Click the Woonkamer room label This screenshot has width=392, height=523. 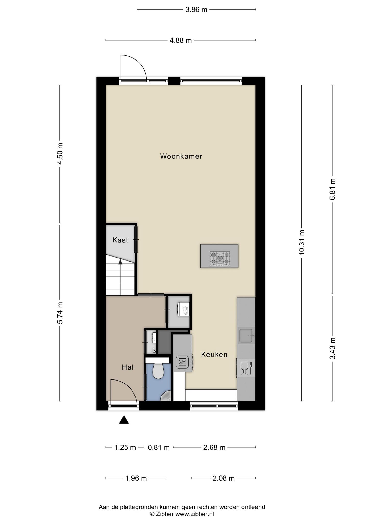181,156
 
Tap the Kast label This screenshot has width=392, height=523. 120,240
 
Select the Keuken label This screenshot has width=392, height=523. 214,354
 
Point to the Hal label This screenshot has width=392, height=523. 128,367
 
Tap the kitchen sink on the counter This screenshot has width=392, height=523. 246,336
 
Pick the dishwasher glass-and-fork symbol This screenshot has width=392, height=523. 246,368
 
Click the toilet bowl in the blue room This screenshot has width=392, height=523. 158,371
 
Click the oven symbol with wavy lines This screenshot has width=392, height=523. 182,362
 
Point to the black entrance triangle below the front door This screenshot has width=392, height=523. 124,420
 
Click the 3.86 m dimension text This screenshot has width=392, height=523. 196,10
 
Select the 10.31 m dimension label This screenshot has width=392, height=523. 302,242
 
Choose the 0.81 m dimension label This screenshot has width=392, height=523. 159,448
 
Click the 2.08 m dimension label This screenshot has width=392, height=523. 224,478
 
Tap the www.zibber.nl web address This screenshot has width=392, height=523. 194,514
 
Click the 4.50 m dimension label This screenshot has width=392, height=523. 60,154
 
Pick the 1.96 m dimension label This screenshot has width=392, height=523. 136,478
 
